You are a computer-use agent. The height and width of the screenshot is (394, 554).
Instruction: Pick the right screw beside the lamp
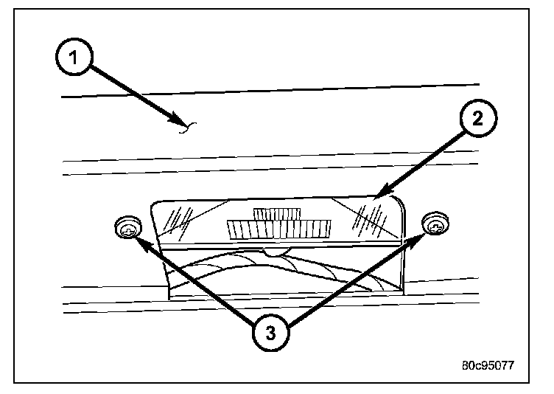coord(435,224)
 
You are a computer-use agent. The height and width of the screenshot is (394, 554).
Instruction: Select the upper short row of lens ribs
coord(276,213)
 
